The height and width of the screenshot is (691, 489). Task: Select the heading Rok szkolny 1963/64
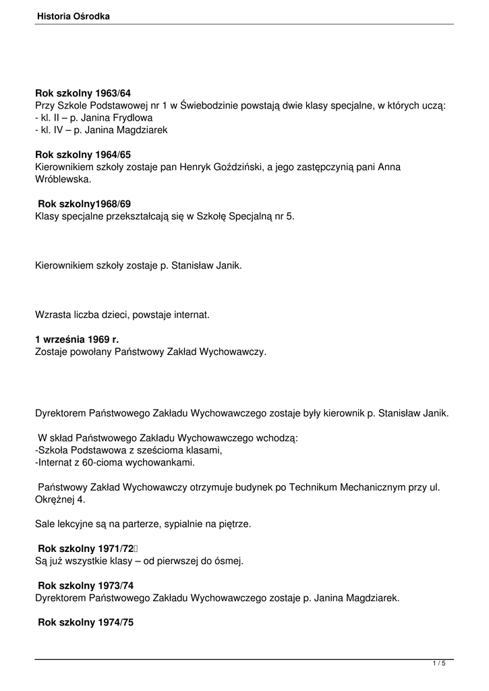point(83,93)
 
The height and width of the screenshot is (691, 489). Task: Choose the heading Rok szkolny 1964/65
point(83,155)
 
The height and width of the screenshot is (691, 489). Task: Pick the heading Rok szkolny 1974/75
point(86,623)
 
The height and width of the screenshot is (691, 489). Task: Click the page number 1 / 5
point(439,664)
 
